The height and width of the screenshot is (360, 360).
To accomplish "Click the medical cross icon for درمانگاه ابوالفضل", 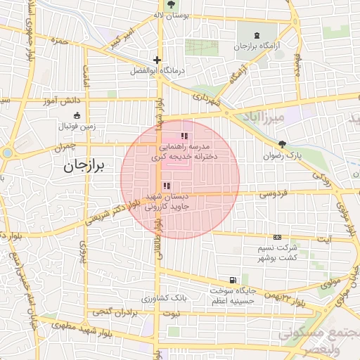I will (157, 60).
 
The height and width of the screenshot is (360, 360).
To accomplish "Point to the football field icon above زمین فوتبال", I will (76, 116).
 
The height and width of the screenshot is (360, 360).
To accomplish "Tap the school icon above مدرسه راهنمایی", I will (184, 136).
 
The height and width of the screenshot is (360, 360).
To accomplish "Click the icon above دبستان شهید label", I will (166, 186).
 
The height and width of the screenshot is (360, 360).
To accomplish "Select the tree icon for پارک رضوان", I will (283, 144).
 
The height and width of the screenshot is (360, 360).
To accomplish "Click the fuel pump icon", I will (233, 279).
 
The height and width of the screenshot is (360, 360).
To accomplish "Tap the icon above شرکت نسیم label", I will (277, 238).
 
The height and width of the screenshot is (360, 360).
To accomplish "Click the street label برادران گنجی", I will (109, 311).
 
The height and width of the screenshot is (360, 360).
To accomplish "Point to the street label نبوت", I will (172, 312).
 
